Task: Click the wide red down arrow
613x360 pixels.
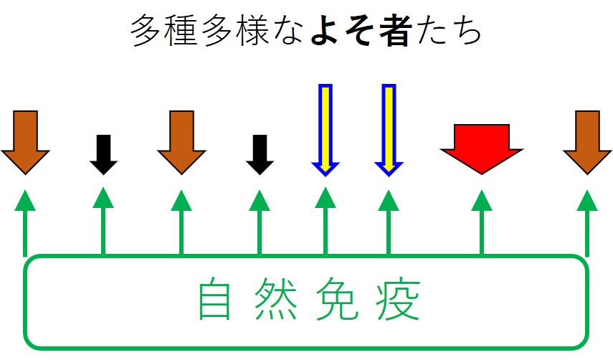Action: [482, 147]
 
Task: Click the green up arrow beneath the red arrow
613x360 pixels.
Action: [481, 222]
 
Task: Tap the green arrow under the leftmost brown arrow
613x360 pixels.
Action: [25, 222]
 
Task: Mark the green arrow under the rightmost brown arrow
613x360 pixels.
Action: [587, 222]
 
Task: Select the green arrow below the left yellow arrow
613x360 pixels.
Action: [325, 222]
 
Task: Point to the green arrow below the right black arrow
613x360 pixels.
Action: [260, 222]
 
